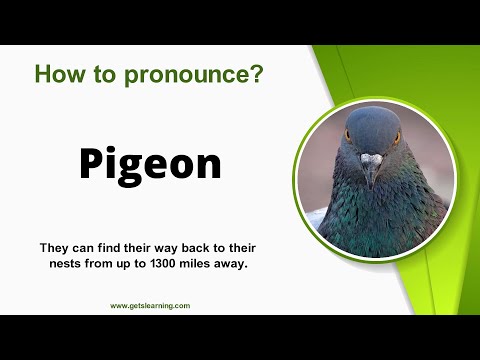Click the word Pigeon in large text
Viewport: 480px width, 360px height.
149,163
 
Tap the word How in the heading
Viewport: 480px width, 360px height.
58,73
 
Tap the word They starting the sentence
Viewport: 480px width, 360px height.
57,245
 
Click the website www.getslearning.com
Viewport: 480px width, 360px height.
149,306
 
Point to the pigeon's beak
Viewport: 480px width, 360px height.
371,165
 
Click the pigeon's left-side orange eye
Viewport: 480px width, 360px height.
349,134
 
